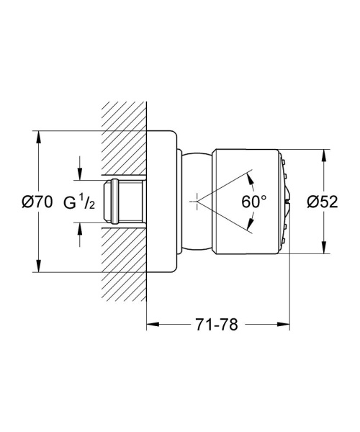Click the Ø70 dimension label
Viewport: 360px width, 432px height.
[x=37, y=203]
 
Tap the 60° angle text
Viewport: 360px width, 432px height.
[x=254, y=203]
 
